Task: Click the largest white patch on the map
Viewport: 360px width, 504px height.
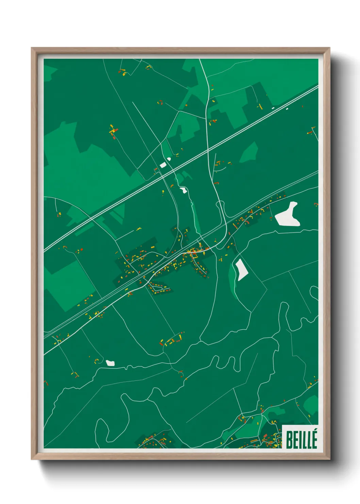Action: (x=288, y=215)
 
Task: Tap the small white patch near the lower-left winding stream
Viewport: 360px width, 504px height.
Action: (x=110, y=363)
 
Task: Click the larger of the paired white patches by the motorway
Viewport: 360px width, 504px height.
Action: (x=163, y=165)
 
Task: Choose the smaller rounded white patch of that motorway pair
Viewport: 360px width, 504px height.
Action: (x=169, y=159)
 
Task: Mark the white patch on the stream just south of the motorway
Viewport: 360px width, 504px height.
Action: (x=183, y=190)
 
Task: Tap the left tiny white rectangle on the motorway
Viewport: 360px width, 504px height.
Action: (x=273, y=108)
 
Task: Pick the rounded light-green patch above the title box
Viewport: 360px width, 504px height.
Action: (x=311, y=405)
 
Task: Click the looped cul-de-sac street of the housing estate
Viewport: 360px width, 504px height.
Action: (x=157, y=289)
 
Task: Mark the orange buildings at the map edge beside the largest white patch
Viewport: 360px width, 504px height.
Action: (x=316, y=204)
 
